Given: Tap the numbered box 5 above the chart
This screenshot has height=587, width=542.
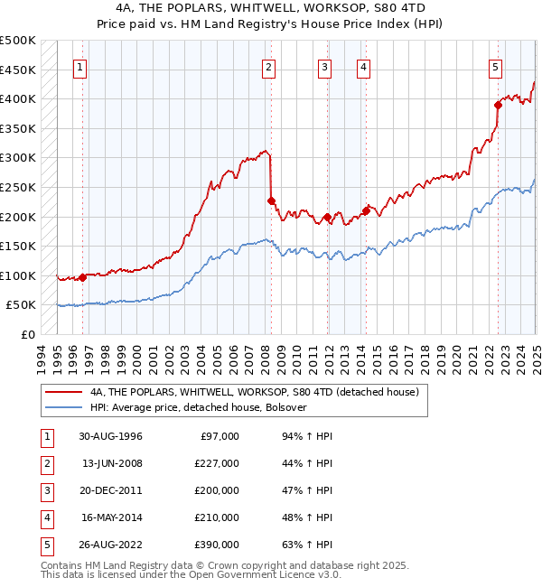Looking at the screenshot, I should [496, 66].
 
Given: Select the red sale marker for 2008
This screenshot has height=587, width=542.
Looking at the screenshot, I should [271, 200].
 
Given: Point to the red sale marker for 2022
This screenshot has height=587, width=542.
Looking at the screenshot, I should [498, 105].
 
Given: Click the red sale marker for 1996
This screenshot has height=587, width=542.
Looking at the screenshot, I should [82, 277].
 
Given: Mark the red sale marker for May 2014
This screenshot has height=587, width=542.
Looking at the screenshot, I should [366, 210].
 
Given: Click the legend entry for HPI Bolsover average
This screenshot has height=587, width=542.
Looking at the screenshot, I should [199, 408].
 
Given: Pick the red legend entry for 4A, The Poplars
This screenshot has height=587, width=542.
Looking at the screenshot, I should [254, 393].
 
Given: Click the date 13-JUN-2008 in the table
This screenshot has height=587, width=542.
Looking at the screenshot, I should [112, 463].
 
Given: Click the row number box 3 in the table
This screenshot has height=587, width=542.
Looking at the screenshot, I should [44, 490].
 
